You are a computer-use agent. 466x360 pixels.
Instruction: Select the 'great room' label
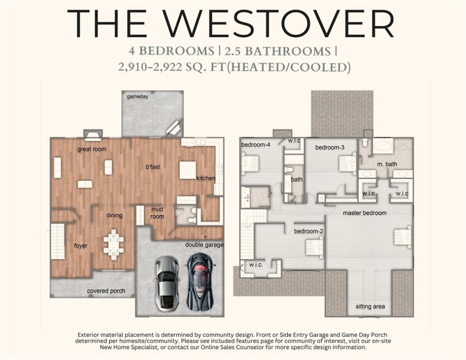click(x=92, y=150)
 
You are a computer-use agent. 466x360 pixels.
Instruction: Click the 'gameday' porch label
click(x=138, y=97)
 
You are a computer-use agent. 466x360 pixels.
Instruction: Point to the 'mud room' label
click(x=157, y=213)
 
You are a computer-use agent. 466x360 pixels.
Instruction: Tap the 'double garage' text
click(x=204, y=245)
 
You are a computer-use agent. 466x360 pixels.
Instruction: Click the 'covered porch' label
click(x=106, y=291)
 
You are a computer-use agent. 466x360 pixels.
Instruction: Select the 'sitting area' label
click(x=370, y=307)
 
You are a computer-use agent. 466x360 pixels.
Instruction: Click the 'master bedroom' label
click(x=364, y=213)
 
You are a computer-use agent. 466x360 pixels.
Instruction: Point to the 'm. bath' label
click(x=387, y=164)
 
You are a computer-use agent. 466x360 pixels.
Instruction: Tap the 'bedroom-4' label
click(x=256, y=145)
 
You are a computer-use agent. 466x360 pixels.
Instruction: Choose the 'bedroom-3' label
click(x=330, y=148)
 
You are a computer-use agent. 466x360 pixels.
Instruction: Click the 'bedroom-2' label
click(x=309, y=231)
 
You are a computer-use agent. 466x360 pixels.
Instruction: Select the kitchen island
click(x=187, y=170)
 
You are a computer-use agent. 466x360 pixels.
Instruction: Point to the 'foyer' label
click(x=81, y=246)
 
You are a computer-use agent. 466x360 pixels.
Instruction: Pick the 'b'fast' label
click(x=153, y=167)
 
